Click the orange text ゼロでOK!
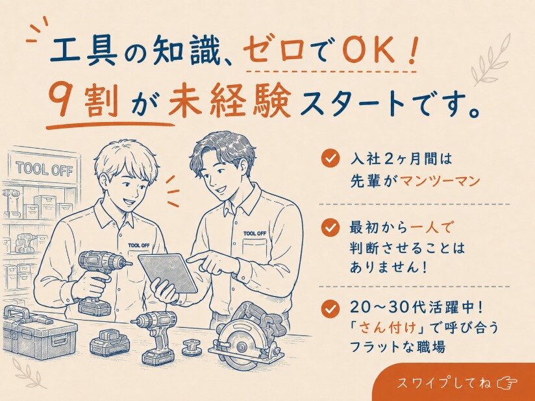pos(331,51)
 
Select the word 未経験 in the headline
pos(230,99)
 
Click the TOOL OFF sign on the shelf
pos(44,169)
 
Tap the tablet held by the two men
pos(168,273)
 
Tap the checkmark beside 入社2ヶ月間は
pos(330,158)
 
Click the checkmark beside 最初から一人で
pos(330,228)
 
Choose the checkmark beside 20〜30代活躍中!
pos(330,309)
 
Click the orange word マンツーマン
pos(440,181)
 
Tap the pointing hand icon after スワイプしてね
pos(507,383)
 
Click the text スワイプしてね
pos(444,383)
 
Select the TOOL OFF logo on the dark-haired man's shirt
pos(255,234)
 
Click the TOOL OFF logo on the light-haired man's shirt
pos(139,245)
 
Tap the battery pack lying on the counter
pos(110,343)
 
